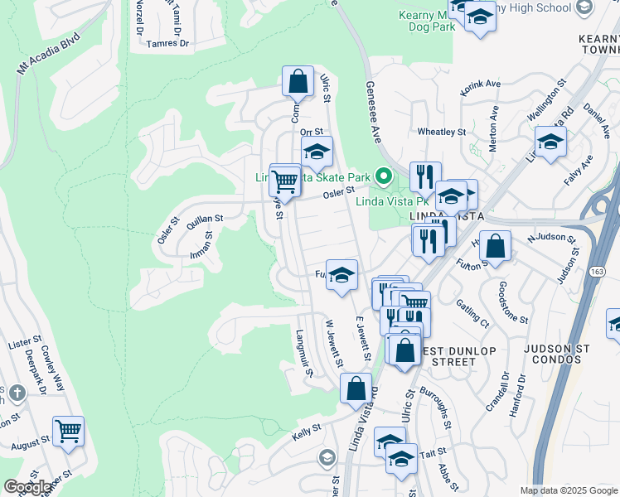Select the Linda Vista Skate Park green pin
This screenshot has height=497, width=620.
coord(383,176)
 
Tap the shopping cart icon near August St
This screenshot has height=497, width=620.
coord(68,431)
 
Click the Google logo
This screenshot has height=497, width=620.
coord(27,487)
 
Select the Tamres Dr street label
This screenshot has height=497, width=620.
coord(167,43)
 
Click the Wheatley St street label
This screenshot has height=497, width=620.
coord(442,131)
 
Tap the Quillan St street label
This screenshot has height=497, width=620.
coord(206,219)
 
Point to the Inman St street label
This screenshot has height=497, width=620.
coord(201,243)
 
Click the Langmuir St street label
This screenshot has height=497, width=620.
coord(303,353)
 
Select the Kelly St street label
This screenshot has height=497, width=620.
coord(306,432)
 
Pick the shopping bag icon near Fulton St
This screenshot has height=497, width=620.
coord(495,247)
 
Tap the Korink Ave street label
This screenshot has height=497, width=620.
coord(480,86)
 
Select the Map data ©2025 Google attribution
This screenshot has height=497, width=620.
coord(568,490)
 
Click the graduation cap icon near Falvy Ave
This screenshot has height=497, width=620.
coord(550,142)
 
